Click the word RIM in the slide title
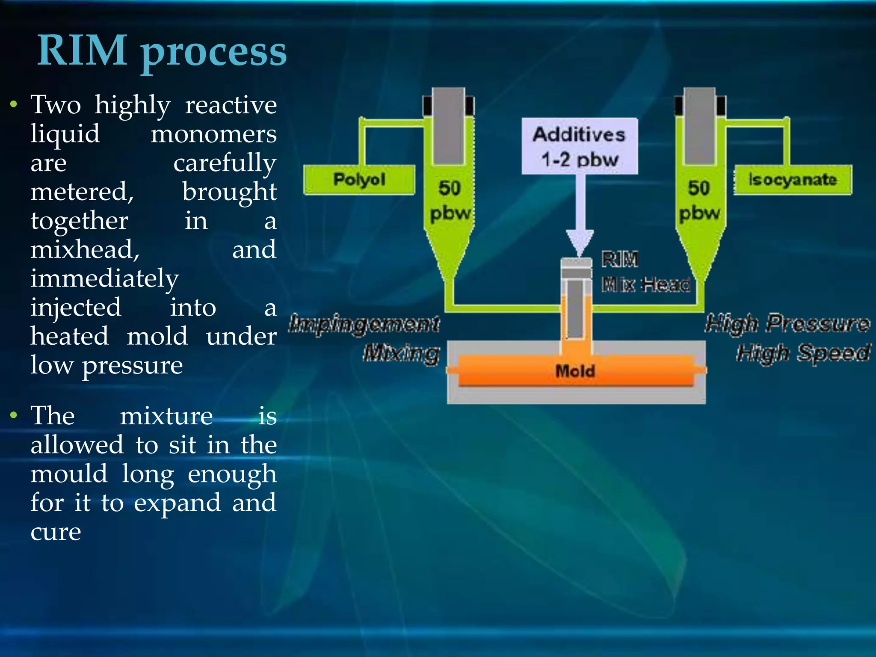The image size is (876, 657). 82,50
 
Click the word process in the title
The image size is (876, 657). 214,53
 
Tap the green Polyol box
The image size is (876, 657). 359,180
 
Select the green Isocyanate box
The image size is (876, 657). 792,180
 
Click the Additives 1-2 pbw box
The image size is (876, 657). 579,146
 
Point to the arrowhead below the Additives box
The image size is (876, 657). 580,242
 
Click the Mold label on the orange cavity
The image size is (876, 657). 575,370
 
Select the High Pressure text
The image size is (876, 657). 787,323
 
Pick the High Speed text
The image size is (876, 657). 803,353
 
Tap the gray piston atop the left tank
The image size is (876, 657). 448,126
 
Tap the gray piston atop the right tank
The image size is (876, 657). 700,126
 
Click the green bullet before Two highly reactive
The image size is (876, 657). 14,104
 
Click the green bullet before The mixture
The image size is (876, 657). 14,415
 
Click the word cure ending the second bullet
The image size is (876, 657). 56,532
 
